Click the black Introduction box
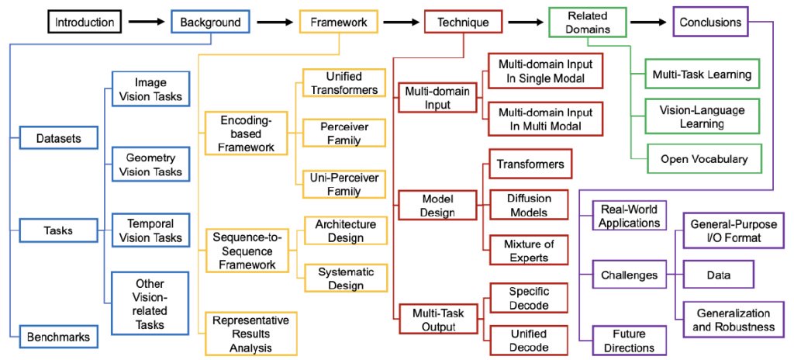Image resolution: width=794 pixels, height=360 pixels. (x=85, y=22)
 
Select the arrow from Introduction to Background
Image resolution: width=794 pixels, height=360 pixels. (x=147, y=22)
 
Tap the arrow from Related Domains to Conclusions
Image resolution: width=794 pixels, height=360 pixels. (x=649, y=22)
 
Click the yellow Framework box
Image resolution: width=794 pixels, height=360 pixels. (x=338, y=22)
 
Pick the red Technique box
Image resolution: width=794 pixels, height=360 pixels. (x=464, y=22)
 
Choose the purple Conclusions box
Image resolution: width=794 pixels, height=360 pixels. (x=710, y=22)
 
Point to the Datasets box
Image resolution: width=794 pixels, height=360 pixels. (x=59, y=138)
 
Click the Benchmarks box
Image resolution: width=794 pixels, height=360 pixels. (x=59, y=337)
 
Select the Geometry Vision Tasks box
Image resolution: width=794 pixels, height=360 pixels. (x=150, y=164)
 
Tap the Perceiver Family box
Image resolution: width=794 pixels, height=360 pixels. (x=344, y=133)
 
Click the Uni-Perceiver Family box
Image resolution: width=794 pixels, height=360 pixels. (x=344, y=184)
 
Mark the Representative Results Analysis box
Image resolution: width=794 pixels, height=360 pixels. (x=250, y=334)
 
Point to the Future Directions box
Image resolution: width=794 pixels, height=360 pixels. (x=630, y=341)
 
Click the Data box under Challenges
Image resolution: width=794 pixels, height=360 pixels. (x=719, y=275)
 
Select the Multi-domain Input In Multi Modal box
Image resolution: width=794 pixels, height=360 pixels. (x=545, y=119)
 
